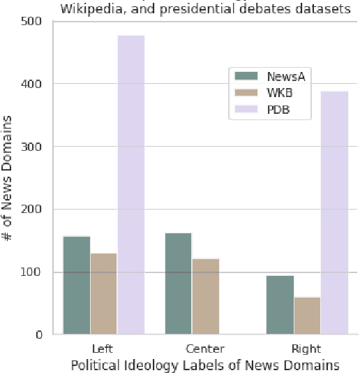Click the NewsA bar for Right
tap(280, 305)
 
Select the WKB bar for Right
tap(307, 315)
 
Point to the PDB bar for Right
tap(334, 212)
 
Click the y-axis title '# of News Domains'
tap(10, 178)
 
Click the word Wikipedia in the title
tap(93, 10)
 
